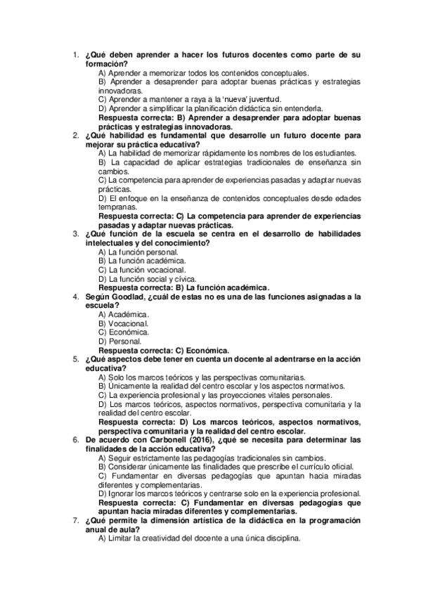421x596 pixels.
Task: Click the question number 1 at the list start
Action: tap(75, 55)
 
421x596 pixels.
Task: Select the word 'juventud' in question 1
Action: tap(261, 99)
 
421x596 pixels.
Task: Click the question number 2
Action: tap(75, 135)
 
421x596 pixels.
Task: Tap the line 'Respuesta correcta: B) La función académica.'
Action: tap(184, 287)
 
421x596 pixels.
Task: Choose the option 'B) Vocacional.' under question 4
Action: tap(124, 323)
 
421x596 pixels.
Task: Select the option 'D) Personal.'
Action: tap(120, 340)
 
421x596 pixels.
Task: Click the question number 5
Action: tap(75, 358)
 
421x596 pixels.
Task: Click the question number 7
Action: tap(75, 519)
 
